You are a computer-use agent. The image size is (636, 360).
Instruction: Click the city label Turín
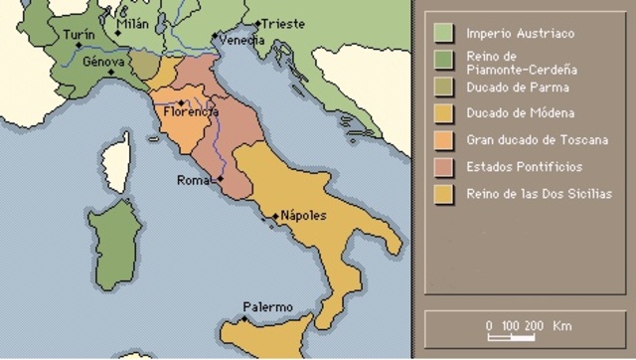click(79, 34)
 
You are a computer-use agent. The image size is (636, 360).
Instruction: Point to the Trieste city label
click(281, 24)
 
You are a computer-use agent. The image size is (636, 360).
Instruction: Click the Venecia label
click(242, 41)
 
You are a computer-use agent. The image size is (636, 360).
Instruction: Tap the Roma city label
click(193, 181)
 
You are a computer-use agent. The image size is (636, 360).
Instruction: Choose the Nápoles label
click(303, 216)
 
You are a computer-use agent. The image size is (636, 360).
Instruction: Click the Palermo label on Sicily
click(268, 307)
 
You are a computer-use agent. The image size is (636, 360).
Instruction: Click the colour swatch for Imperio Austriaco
click(437, 34)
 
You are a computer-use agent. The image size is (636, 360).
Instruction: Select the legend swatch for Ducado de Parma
click(437, 87)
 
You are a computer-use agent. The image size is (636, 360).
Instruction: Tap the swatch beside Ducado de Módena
click(437, 113)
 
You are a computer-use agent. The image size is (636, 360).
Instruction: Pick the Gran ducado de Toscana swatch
click(437, 140)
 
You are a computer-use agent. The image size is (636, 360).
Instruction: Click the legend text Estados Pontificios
click(524, 167)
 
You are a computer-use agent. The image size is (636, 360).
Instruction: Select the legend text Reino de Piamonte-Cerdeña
click(522, 64)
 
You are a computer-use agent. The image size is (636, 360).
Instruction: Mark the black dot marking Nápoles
click(275, 217)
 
